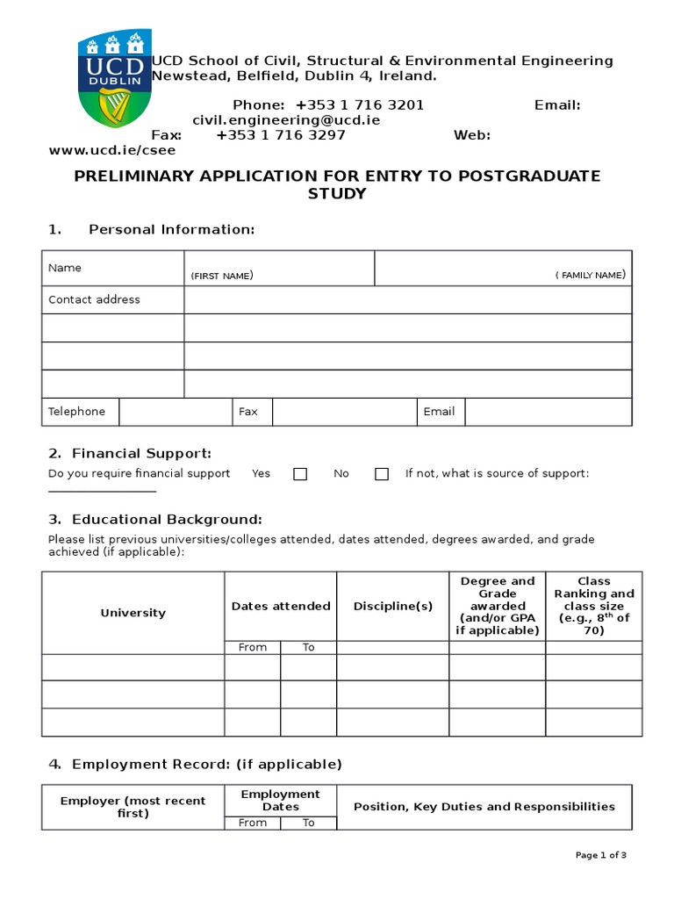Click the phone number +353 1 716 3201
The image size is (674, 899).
point(360,105)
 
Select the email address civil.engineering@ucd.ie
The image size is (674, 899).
point(286,120)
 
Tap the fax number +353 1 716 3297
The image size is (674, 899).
point(281,135)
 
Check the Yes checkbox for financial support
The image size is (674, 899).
point(300,474)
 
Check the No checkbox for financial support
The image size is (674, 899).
point(382,474)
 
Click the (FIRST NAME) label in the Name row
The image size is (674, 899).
point(222,276)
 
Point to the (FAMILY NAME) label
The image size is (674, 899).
point(591,276)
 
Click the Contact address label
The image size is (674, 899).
point(94,299)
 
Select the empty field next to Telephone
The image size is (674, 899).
point(175,412)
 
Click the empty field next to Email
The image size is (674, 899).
point(548,412)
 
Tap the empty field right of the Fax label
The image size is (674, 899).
point(344,412)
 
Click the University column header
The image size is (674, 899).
point(133,613)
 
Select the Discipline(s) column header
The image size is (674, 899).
point(393,606)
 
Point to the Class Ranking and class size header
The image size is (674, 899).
point(594,606)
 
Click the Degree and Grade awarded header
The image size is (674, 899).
point(498,606)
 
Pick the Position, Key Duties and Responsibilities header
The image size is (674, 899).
point(484,807)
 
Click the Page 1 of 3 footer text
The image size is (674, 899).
point(601,855)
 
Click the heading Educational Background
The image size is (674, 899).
point(167,520)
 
